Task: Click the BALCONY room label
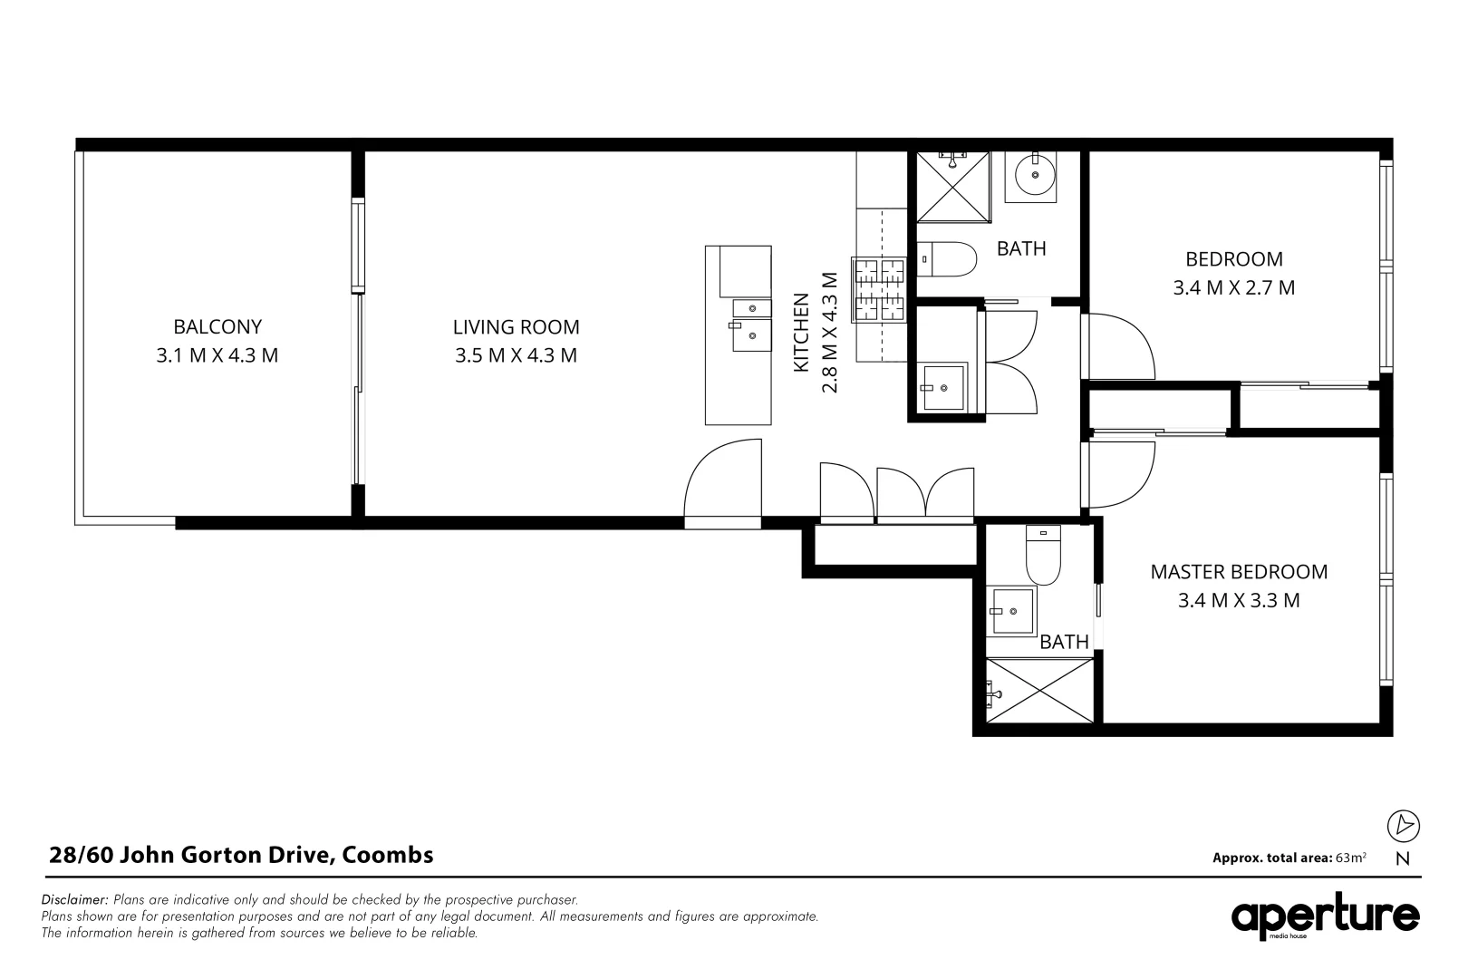[x=217, y=326]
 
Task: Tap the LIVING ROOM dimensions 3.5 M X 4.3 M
[x=516, y=355]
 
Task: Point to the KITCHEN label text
[x=801, y=332]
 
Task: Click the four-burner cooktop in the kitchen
[x=879, y=290]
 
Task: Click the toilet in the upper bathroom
[x=946, y=259]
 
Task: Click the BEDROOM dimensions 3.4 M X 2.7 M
[x=1233, y=288]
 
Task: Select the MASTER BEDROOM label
[x=1239, y=572]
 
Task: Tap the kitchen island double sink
[x=751, y=325]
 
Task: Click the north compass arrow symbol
[x=1404, y=825]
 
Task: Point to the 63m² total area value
[x=1350, y=858]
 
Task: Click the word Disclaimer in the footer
[x=74, y=900]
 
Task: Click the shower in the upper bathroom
[x=952, y=187]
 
